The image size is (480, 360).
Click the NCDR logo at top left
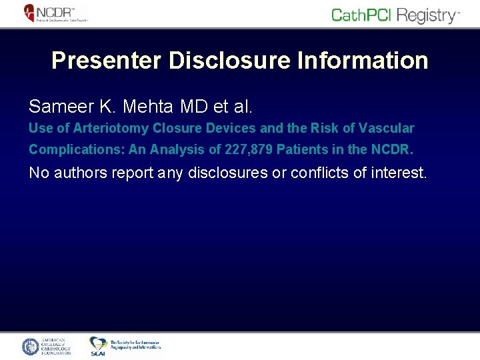click(55, 13)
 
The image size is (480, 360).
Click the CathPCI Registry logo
click(395, 15)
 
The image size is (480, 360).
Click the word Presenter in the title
click(107, 61)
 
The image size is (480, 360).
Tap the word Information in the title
click(361, 61)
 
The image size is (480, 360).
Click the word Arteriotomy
click(116, 128)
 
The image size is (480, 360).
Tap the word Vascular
click(388, 128)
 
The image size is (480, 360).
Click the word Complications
click(68, 150)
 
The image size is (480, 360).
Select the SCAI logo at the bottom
click(125, 345)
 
